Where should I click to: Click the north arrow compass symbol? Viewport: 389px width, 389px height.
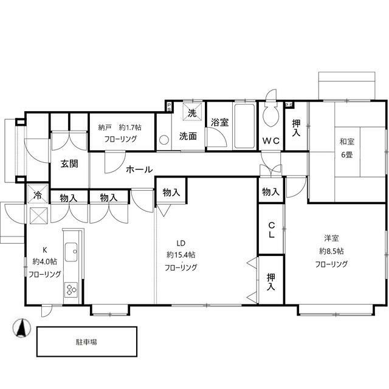[x=22, y=328]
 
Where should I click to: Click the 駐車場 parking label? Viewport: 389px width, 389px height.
[x=86, y=342]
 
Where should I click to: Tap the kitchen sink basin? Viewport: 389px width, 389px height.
[x=71, y=252]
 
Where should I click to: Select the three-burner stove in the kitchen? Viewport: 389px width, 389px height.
[x=71, y=289]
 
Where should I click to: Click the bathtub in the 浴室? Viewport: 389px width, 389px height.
[x=244, y=126]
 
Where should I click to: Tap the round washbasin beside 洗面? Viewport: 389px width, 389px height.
[x=164, y=140]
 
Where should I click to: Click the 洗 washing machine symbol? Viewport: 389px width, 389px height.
[x=192, y=112]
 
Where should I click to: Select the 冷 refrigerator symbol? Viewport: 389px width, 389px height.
[x=38, y=194]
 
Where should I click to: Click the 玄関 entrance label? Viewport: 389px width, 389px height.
[x=69, y=164]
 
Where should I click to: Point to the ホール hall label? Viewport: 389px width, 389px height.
[x=139, y=170]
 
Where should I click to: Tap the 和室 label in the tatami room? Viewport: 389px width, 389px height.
[x=347, y=142]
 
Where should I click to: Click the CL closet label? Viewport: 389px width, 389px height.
[x=272, y=230]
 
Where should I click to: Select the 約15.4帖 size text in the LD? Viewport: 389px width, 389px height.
[x=181, y=255]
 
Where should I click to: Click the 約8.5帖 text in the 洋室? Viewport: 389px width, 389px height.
[x=331, y=251]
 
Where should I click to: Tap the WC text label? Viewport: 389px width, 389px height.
[x=271, y=141]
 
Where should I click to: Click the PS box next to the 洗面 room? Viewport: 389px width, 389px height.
[x=169, y=107]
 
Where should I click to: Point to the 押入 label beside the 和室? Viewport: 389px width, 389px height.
[x=296, y=128]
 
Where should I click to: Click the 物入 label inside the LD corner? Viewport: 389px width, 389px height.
[x=171, y=192]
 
